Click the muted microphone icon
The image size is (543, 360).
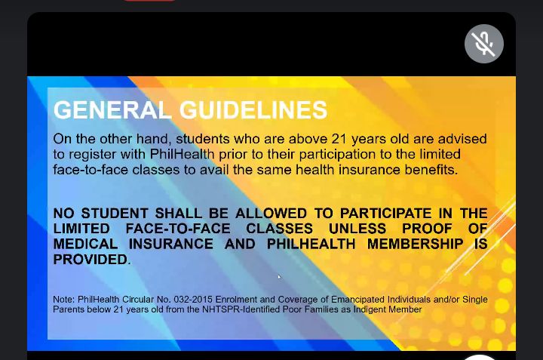[x=483, y=44]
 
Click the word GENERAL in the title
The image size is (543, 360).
[x=112, y=110]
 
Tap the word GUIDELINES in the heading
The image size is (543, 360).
[x=253, y=110]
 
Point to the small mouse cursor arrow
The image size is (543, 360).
[x=280, y=277]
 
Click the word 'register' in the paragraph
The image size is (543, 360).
[x=93, y=155]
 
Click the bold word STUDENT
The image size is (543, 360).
[x=115, y=214]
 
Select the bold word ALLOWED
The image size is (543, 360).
[x=271, y=214]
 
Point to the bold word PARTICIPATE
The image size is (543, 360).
[x=386, y=214]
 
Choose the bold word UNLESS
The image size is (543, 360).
[x=357, y=229]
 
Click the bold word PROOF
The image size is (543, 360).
[x=427, y=229]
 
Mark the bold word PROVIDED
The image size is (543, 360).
[x=90, y=260]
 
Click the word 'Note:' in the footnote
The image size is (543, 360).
[x=63, y=300]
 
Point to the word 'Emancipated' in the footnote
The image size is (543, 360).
[x=357, y=300]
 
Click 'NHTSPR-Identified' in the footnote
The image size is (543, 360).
[x=241, y=309]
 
